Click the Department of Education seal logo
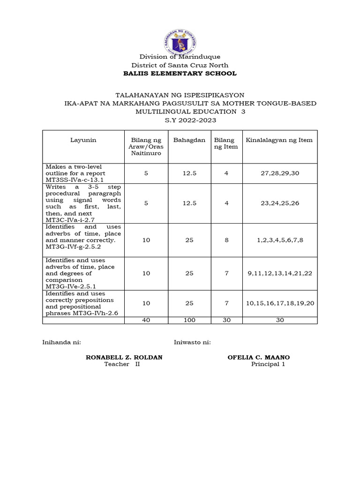pyautogui.click(x=180, y=41)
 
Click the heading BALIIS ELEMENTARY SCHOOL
pyautogui.click(x=180, y=74)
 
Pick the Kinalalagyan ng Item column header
pyautogui.click(x=279, y=140)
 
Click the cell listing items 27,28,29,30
pyautogui.click(x=280, y=173)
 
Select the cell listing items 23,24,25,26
pyautogui.click(x=280, y=203)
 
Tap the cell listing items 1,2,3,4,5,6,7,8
pyautogui.click(x=280, y=240)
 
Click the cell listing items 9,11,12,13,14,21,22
pyautogui.click(x=280, y=273)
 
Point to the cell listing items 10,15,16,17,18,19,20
pyautogui.click(x=280, y=303)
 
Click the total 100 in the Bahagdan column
pyautogui.click(x=189, y=320)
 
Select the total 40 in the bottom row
pyautogui.click(x=146, y=320)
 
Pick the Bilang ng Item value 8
pyautogui.click(x=226, y=240)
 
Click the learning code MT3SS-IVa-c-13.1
pyautogui.click(x=74, y=180)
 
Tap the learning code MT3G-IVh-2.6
pyautogui.click(x=96, y=313)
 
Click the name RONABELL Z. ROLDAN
pyautogui.click(x=124, y=357)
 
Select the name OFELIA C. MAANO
pyautogui.click(x=258, y=357)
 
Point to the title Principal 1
pyautogui.click(x=268, y=364)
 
